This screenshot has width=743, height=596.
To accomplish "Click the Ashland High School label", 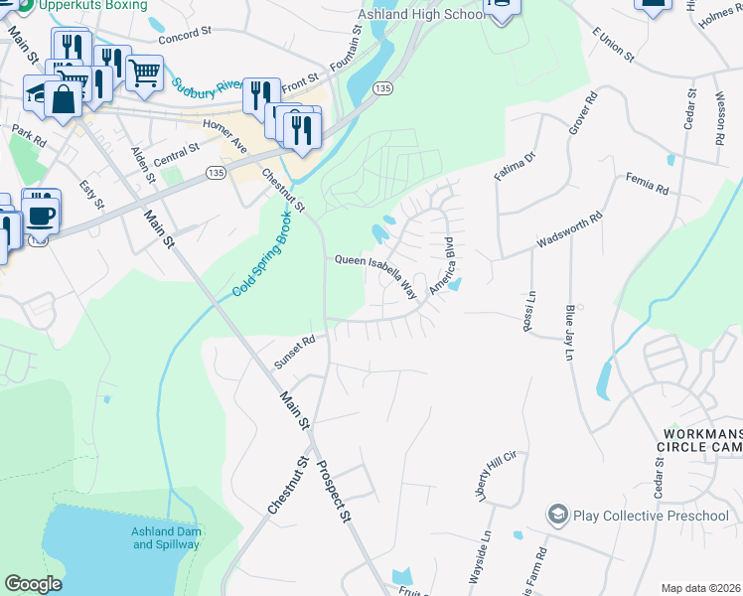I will click(420, 16).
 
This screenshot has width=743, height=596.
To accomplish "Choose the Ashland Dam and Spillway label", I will click(166, 537).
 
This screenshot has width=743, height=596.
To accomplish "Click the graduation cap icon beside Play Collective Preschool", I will click(557, 516).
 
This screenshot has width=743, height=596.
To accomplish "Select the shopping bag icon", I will click(63, 99).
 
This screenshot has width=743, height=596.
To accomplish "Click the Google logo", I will click(34, 584).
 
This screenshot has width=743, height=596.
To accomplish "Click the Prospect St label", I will click(333, 491).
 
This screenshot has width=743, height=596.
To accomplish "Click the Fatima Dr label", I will click(515, 165).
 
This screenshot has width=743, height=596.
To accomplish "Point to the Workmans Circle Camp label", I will click(700, 441).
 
